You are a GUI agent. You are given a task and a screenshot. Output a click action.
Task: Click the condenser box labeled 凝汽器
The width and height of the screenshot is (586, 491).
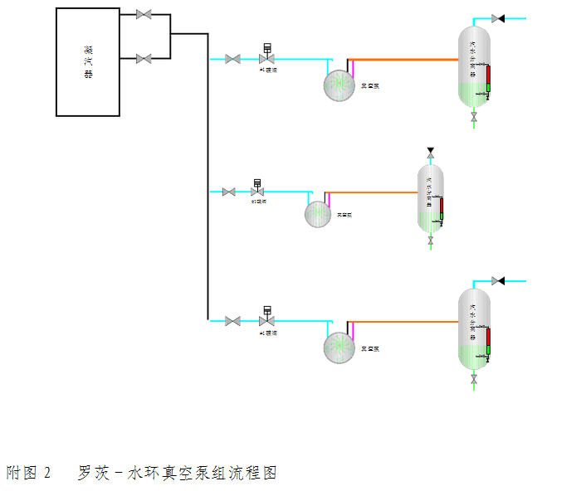87,61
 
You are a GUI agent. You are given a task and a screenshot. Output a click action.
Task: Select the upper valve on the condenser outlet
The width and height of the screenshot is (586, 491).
143,14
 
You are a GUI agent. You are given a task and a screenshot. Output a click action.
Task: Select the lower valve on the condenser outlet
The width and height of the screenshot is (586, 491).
143,59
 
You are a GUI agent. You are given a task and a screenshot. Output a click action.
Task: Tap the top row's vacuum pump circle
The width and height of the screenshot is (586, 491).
339,85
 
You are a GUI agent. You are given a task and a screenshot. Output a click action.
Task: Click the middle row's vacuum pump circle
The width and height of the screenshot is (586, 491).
318,214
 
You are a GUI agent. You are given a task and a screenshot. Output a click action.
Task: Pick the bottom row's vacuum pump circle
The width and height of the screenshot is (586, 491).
339,347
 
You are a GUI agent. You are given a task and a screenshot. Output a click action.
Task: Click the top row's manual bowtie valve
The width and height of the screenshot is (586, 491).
233,59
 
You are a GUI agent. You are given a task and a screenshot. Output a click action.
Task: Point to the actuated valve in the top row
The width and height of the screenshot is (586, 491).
267,58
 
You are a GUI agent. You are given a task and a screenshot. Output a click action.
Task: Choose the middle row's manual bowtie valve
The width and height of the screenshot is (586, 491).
228,192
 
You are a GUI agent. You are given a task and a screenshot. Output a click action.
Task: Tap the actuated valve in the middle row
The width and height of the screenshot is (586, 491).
257,192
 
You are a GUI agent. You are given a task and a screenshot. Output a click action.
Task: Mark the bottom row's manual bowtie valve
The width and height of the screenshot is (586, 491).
233,321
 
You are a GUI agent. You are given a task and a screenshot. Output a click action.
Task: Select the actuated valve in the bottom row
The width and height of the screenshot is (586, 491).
267,320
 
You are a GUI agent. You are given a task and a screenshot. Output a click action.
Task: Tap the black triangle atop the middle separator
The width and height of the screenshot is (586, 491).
430,151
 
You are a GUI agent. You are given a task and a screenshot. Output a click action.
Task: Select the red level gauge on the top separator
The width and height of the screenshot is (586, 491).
488,77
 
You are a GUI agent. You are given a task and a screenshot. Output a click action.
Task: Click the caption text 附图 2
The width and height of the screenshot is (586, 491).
29,473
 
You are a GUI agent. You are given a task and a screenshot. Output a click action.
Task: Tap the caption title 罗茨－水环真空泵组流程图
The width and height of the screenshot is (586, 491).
177,473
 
